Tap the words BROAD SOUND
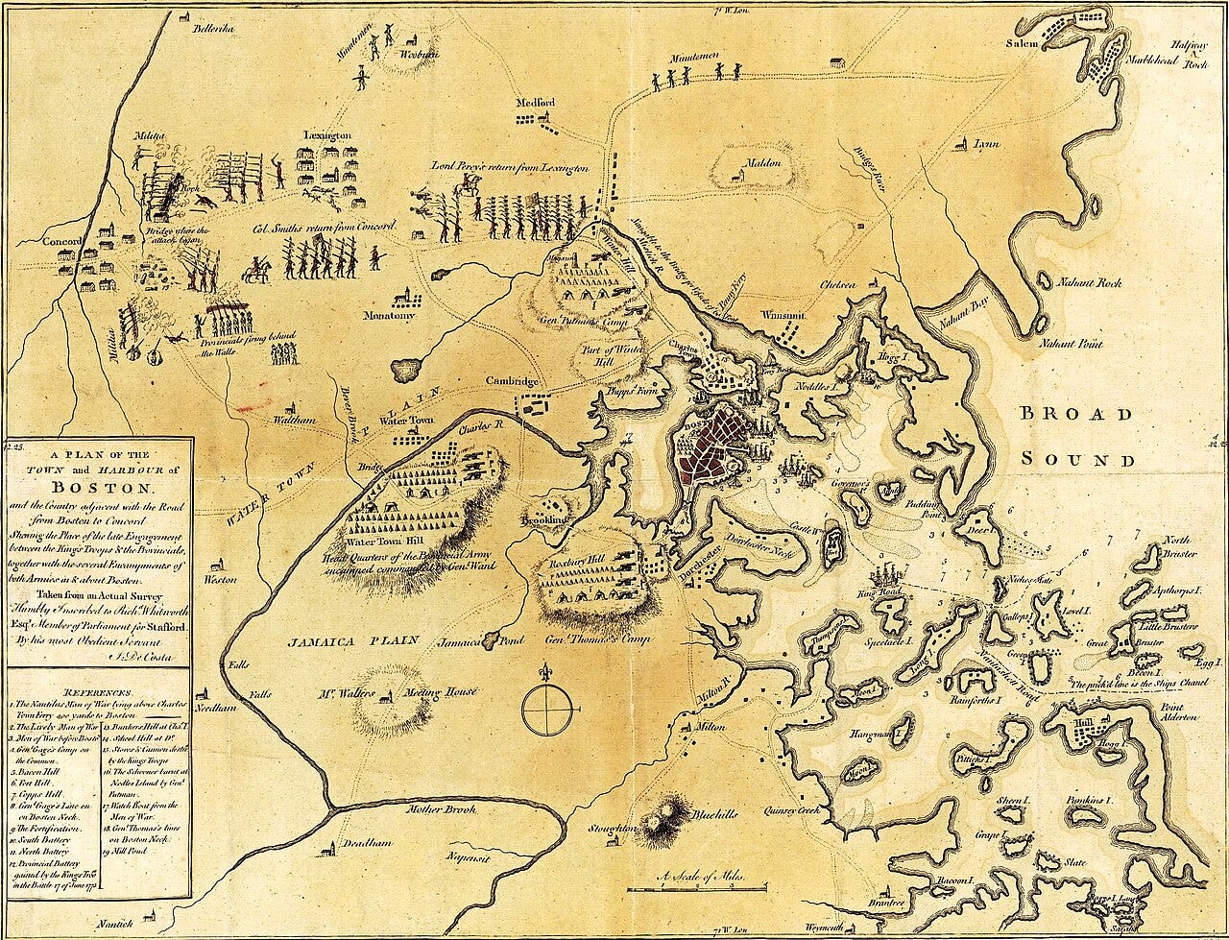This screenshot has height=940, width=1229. pos(1075,436)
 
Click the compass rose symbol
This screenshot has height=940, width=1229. pos(550,708)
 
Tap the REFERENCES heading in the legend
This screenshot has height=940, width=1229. pos(98,691)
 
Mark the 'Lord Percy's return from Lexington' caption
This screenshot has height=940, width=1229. pos(509,167)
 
